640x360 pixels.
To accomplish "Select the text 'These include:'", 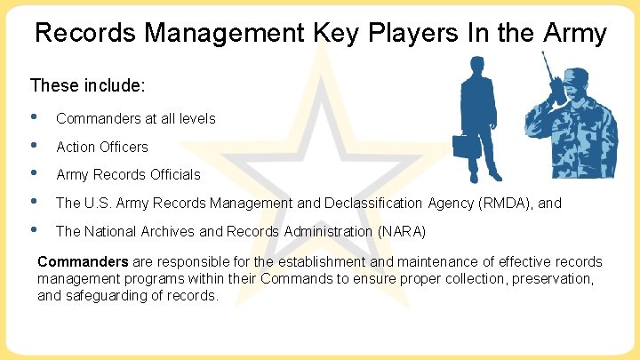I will click(x=88, y=86).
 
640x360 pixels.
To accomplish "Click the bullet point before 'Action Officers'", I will click(x=34, y=146).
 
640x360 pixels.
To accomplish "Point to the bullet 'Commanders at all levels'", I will click(x=135, y=118).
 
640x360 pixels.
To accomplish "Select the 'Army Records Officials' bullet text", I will click(x=128, y=174).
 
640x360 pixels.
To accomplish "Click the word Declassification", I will click(x=376, y=203).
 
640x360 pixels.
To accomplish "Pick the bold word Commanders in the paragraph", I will click(x=82, y=261).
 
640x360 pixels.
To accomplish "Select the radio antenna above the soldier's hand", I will click(x=547, y=65).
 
